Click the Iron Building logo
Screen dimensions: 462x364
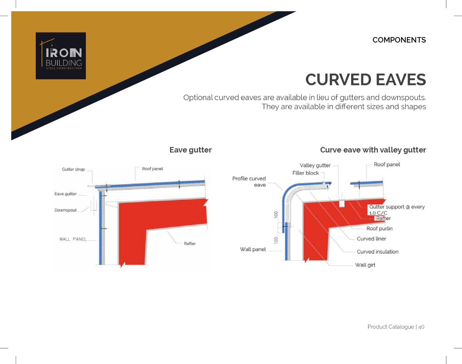coord(61,56)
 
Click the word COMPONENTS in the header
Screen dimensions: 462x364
coord(399,40)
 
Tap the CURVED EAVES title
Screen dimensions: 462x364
coord(366,80)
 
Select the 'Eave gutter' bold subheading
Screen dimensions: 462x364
coord(191,150)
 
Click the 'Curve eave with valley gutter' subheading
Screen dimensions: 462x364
coord(373,150)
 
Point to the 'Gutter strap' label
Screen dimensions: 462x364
coord(73,169)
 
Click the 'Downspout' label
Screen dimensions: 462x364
coord(65,210)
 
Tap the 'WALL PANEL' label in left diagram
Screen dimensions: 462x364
coord(73,239)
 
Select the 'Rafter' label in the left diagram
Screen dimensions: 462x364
coord(190,244)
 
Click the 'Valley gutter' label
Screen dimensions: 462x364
coord(315,166)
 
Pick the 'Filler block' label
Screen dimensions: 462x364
coord(305,173)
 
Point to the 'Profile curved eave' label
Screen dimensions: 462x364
coord(249,182)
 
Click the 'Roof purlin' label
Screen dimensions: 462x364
coord(379,229)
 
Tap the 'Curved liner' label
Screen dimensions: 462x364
coord(371,239)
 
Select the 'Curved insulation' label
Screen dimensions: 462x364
coord(378,251)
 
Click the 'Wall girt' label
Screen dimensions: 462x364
coord(365,265)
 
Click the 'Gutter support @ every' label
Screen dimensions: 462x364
coord(397,207)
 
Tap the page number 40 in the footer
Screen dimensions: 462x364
coord(421,327)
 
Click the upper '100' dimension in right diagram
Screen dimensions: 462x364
coord(276,215)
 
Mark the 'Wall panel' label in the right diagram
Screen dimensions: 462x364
coord(253,249)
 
